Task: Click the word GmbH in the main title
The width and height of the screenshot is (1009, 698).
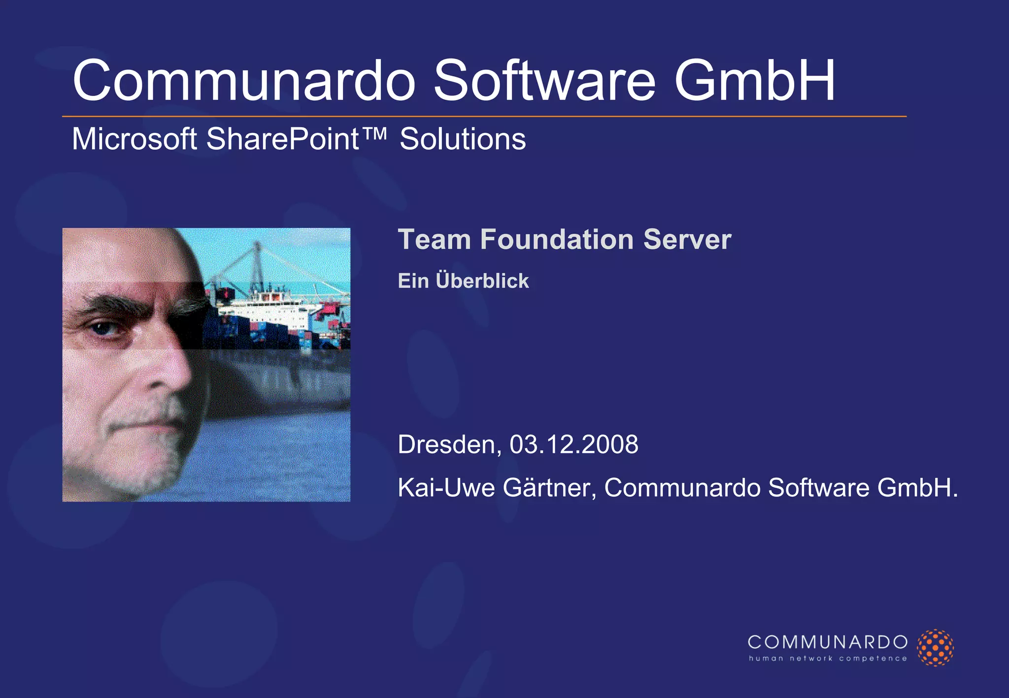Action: [x=754, y=81]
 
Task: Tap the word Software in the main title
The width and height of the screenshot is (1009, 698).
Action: [x=544, y=81]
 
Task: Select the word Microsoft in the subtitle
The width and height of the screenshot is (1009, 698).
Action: [x=135, y=139]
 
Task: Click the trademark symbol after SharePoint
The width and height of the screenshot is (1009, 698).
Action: [x=376, y=133]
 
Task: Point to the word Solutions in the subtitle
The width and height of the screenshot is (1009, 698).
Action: [x=463, y=139]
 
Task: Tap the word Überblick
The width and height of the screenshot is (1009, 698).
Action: [x=482, y=281]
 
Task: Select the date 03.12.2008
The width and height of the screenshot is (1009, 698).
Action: [x=573, y=444]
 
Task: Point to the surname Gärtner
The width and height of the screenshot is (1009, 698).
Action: [x=549, y=488]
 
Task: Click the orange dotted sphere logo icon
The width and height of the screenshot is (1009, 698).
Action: [x=935, y=647]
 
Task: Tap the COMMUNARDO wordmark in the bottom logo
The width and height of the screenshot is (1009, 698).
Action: [x=827, y=642]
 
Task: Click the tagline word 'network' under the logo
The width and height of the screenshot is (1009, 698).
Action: [x=811, y=659]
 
